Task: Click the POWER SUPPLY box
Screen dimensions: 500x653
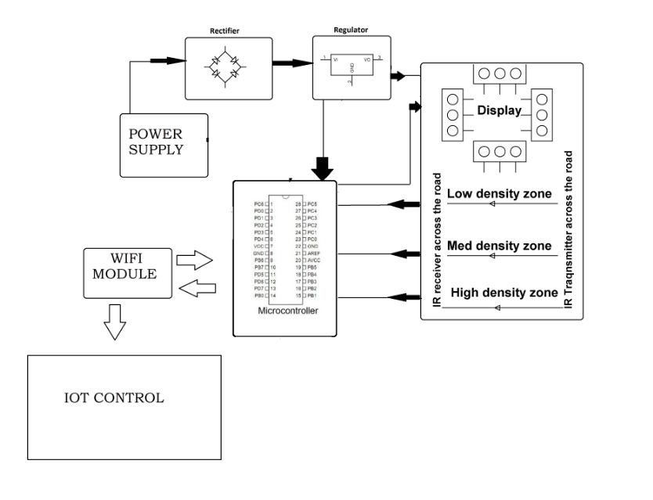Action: tap(163, 145)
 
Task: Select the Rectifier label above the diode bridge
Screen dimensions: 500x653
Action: tap(225, 31)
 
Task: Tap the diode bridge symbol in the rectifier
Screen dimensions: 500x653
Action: tap(225, 68)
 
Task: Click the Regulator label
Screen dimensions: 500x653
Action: tap(351, 30)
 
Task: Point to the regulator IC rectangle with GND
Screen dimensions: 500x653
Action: tap(352, 68)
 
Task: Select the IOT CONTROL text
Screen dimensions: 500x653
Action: tap(114, 397)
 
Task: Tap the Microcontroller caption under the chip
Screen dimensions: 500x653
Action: tap(286, 311)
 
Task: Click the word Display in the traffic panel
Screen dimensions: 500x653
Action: tap(500, 111)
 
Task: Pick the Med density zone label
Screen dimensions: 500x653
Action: tap(498, 245)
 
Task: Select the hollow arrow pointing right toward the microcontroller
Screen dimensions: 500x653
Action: tap(196, 259)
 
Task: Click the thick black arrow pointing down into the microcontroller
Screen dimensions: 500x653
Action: tap(321, 166)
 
